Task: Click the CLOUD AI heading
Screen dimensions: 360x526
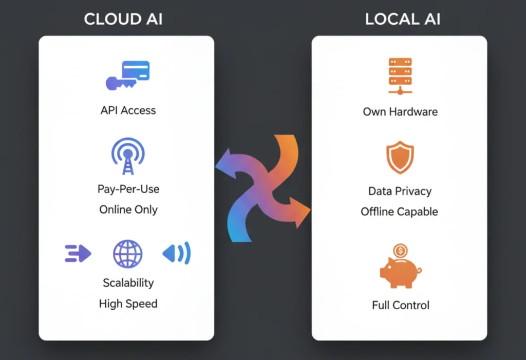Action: [x=123, y=20]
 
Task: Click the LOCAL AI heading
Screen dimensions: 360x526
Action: [x=402, y=20]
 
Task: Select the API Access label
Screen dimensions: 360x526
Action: [x=128, y=110]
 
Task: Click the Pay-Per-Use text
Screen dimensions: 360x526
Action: [x=128, y=189]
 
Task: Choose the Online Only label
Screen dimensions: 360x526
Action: [x=128, y=210]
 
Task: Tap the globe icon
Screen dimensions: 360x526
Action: [x=127, y=253]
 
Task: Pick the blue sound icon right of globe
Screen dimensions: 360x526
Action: [x=177, y=253]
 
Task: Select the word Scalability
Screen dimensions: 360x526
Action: [x=128, y=283]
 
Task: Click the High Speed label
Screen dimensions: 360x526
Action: [x=128, y=304]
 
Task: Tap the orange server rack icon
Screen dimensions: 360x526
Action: [x=400, y=77]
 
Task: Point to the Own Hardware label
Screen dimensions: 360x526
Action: [x=400, y=111]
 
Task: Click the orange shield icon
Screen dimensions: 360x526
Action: [x=400, y=158]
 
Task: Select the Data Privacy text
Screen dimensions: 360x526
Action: [x=400, y=191]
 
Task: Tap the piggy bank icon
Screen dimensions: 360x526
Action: [x=400, y=272]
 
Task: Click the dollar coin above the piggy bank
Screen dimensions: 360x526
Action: [x=400, y=251]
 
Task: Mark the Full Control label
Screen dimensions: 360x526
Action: [x=400, y=305]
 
